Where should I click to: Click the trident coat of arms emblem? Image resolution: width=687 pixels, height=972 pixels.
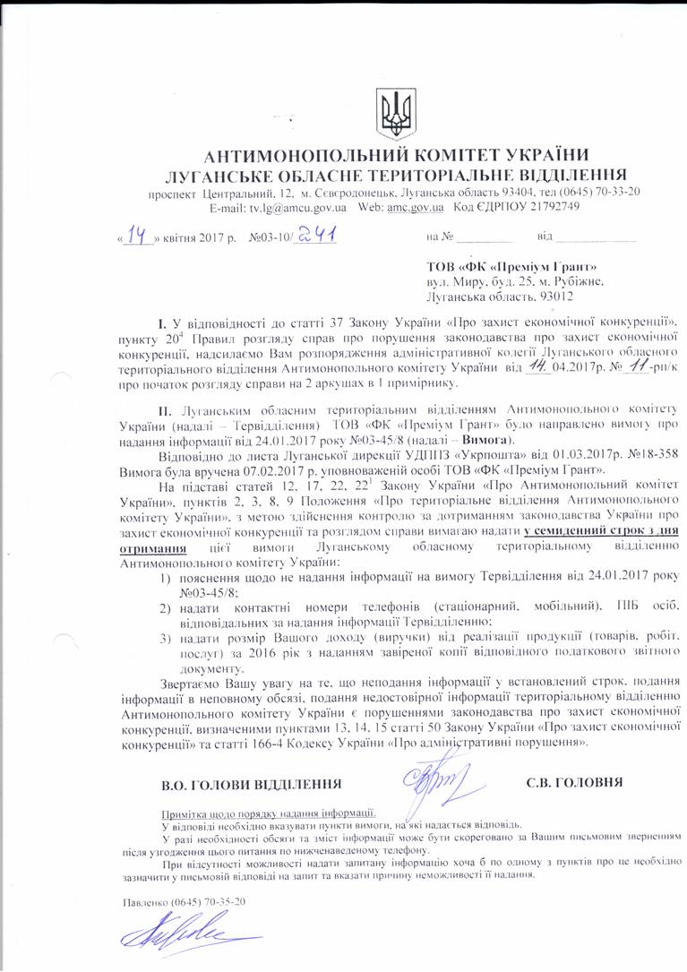[391, 110]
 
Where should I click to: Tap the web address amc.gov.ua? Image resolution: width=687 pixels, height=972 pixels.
[415, 207]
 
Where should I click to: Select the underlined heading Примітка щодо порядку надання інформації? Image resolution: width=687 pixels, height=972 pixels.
[268, 813]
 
